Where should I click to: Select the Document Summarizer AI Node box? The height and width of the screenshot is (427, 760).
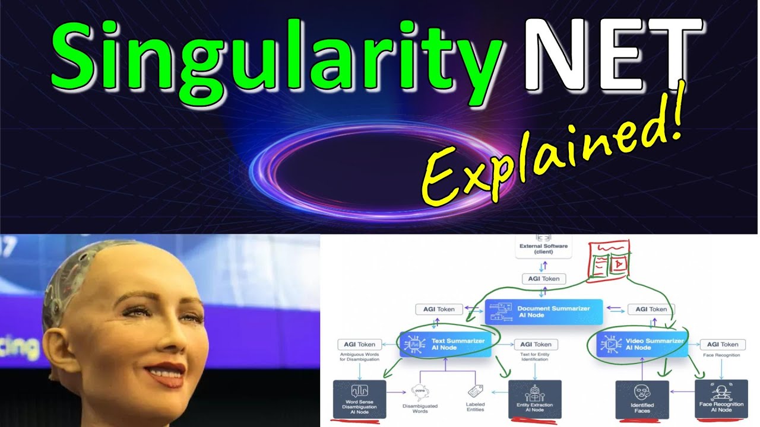pos(544,312)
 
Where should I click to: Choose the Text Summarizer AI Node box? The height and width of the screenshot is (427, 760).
pos(446,344)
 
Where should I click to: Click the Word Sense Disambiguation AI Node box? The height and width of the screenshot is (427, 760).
pos(359,400)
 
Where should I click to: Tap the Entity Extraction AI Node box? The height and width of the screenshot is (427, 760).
pos(534,400)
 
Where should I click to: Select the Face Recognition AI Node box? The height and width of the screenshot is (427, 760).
pos(720,400)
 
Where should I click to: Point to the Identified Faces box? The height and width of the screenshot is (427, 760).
pos(642,400)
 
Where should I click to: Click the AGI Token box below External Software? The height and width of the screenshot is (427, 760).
pos(543,279)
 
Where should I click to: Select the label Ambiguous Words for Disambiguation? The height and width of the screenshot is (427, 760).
pos(359,358)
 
